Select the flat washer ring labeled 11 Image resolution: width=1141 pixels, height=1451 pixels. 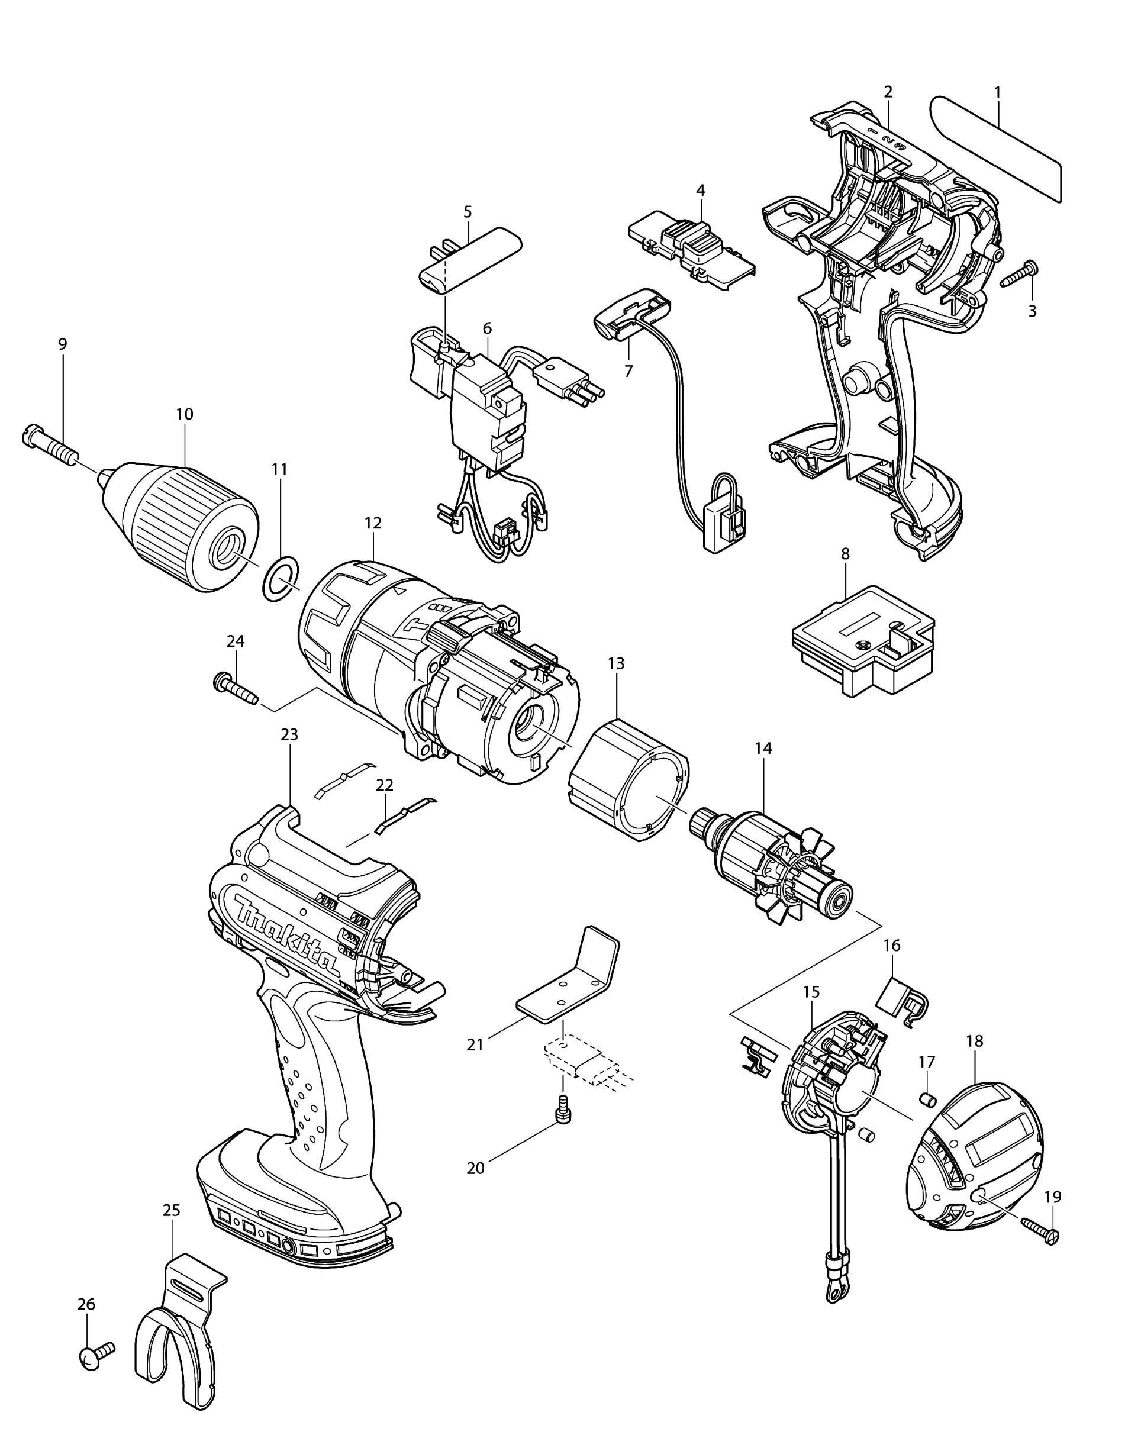(279, 577)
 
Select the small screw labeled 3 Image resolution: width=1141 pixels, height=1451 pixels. (1020, 274)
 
